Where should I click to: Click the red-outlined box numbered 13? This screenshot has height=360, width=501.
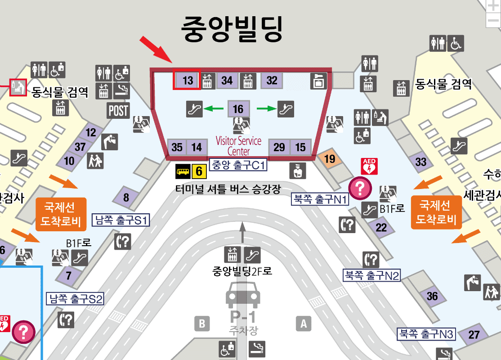pyautogui.click(x=187, y=81)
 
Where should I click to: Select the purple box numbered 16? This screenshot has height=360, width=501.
pyautogui.click(x=238, y=108)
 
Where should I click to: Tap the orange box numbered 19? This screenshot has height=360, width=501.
pyautogui.click(x=330, y=158)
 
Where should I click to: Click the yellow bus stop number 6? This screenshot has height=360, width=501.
pyautogui.click(x=199, y=171)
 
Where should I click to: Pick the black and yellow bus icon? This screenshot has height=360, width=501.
pyautogui.click(x=183, y=171)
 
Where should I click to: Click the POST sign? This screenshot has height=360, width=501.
pyautogui.click(x=118, y=110)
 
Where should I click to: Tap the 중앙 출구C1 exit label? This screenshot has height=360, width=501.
pyautogui.click(x=238, y=165)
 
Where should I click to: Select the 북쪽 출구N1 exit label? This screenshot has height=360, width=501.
pyautogui.click(x=320, y=199)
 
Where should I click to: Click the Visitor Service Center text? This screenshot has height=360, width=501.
pyautogui.click(x=238, y=145)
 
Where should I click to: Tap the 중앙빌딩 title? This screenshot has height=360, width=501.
pyautogui.click(x=232, y=28)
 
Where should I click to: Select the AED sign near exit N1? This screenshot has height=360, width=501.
pyautogui.click(x=369, y=166)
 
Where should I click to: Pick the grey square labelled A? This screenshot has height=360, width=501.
pyautogui.click(x=304, y=323)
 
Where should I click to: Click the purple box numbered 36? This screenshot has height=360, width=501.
pyautogui.click(x=432, y=296)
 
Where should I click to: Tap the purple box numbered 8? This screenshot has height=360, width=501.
pyautogui.click(x=126, y=197)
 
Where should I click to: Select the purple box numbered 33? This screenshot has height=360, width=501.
pyautogui.click(x=421, y=162)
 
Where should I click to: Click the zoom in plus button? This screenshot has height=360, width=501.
pyautogui.click(x=493, y=6)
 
